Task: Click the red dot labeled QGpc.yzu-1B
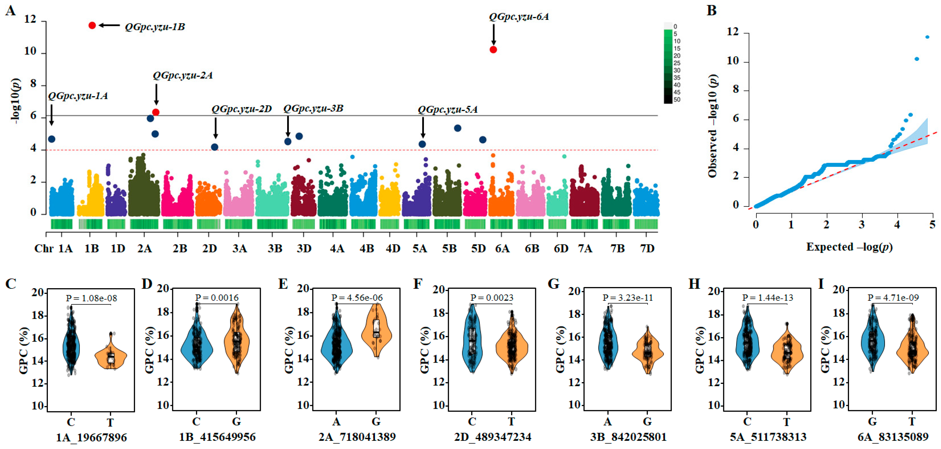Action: (92, 25)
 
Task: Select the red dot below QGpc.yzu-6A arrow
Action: (493, 50)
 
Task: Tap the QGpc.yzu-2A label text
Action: (183, 75)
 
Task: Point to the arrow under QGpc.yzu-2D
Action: (215, 128)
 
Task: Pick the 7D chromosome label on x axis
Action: (647, 249)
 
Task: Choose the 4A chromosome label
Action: (337, 249)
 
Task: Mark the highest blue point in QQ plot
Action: (927, 37)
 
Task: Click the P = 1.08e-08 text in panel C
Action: (92, 298)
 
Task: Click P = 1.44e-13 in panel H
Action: (767, 298)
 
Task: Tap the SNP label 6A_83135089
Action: (893, 437)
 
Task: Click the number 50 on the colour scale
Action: (677, 100)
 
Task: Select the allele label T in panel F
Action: (511, 422)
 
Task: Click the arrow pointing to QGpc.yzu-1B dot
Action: (109, 25)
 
